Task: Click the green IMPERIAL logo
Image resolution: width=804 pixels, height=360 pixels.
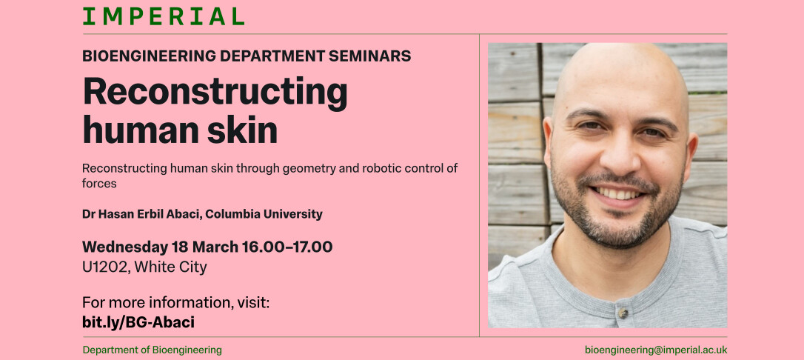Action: coord(163,16)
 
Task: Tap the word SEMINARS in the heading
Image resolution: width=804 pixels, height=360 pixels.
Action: coord(369,56)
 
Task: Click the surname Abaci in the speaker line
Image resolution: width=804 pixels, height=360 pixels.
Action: coord(181,214)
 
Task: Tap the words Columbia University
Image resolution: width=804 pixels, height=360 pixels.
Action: coord(264,214)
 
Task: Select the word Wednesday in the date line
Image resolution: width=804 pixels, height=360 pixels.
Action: coord(124,247)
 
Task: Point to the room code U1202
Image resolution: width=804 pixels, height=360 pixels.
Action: coord(104,267)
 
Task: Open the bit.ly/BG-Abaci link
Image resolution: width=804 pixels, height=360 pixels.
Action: coord(138,322)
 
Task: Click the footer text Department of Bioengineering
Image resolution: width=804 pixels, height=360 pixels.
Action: coord(152,350)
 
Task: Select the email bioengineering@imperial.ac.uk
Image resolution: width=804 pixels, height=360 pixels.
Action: coord(656,350)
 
